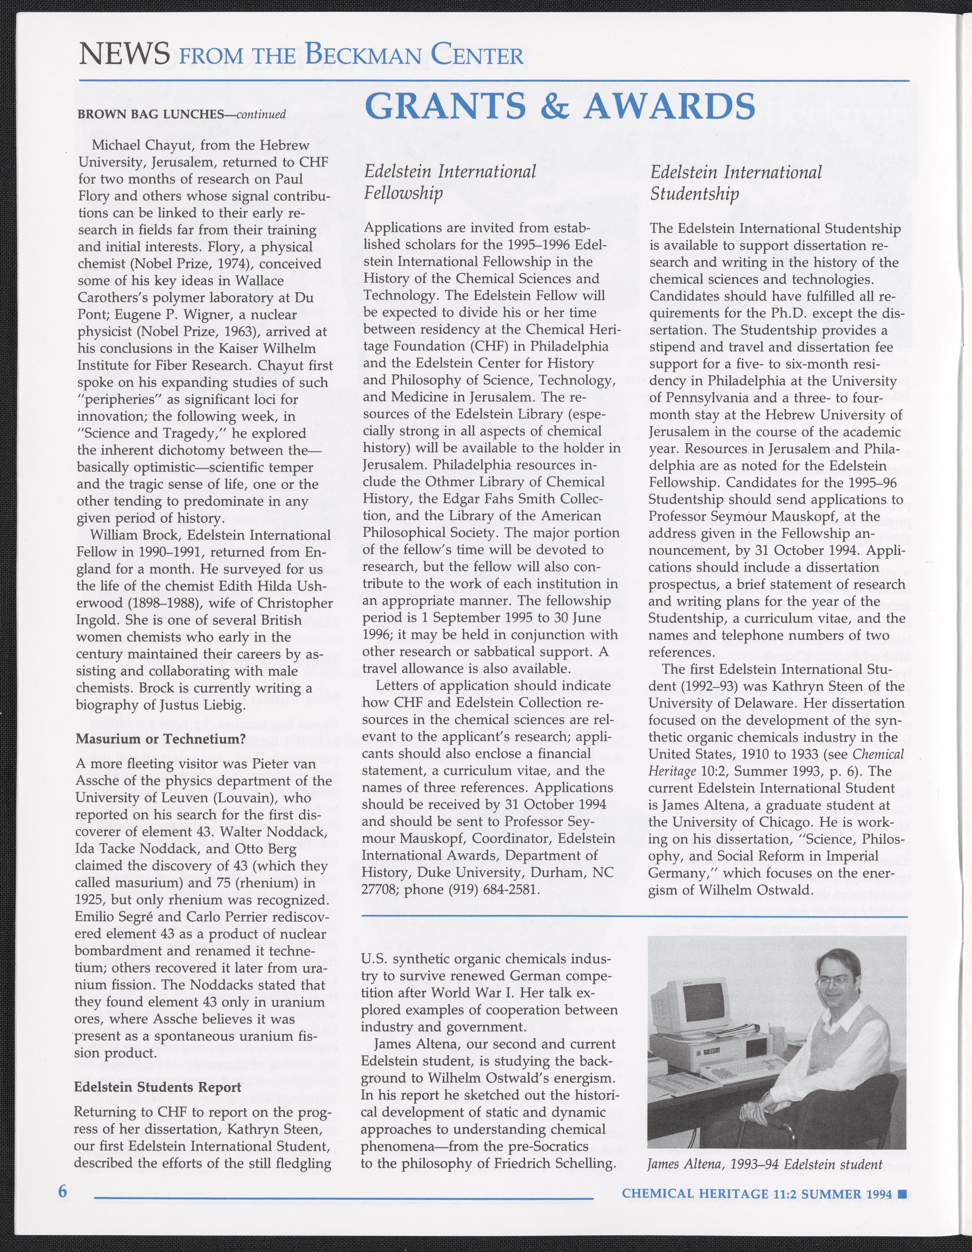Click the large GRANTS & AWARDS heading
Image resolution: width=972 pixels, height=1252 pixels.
[x=559, y=106]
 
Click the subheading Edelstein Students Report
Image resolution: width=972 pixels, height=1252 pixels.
[x=158, y=1087]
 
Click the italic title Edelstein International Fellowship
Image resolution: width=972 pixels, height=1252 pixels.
[x=450, y=182]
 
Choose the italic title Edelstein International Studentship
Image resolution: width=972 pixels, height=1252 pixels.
[x=736, y=182]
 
